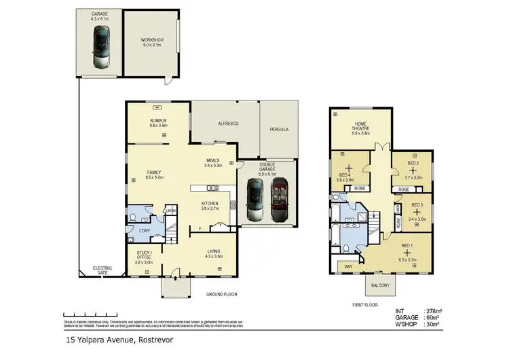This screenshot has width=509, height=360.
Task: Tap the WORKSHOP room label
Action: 152,40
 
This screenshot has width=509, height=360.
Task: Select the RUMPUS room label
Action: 158,121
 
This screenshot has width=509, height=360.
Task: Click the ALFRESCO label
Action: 225,124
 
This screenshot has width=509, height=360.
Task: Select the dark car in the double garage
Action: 254,199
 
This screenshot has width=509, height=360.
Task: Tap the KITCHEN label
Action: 209,203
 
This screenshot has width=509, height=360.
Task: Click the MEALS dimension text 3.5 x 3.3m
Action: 214,165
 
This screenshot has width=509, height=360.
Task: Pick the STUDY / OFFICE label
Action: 144,256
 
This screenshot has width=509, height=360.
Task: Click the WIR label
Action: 348,266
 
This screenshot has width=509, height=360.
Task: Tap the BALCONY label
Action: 380,285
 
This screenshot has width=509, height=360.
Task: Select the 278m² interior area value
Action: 432,311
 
